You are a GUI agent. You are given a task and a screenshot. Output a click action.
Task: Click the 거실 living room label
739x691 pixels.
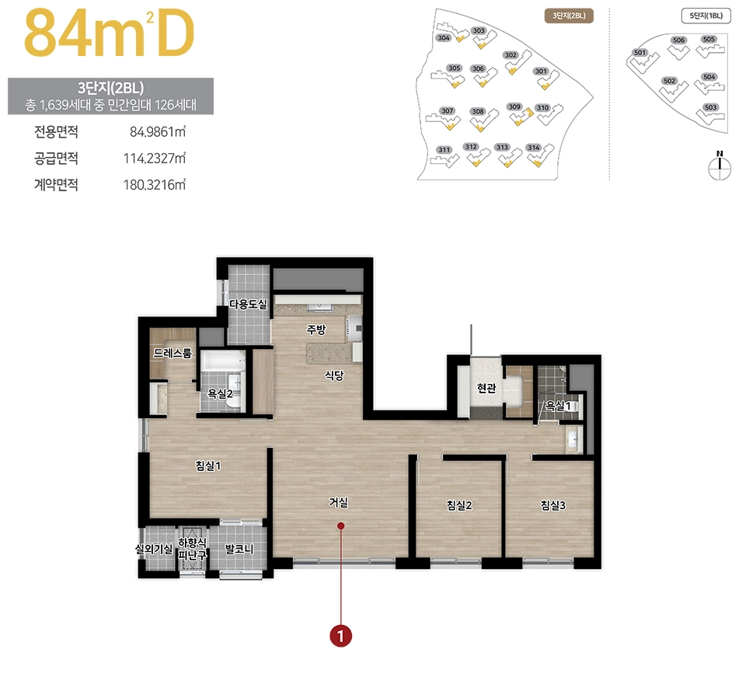(338, 502)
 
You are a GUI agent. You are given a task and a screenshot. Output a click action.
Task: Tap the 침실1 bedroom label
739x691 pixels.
(208, 466)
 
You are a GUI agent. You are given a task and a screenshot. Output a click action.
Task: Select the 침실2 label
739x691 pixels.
(459, 505)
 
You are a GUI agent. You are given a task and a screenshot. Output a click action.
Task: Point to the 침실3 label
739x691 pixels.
(553, 505)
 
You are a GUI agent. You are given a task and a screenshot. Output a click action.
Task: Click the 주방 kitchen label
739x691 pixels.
(315, 330)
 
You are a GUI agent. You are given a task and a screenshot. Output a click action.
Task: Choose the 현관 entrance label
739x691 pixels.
(486, 388)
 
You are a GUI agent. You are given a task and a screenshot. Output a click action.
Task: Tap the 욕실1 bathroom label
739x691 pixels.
(558, 406)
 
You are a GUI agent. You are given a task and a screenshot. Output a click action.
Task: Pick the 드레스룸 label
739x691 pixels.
(173, 353)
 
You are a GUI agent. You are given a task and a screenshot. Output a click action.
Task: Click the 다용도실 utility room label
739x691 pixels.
(249, 304)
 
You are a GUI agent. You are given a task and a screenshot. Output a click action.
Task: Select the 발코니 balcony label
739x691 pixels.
(239, 549)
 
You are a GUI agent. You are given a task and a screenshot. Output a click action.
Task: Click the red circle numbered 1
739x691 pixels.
(341, 636)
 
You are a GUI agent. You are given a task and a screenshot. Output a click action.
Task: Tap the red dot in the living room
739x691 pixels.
(341, 525)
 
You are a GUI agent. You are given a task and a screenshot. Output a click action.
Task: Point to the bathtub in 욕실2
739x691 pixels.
(223, 361)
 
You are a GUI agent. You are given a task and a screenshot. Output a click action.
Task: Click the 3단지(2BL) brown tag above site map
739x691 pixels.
(570, 16)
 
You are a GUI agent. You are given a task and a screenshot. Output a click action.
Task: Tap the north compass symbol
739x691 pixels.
(720, 166)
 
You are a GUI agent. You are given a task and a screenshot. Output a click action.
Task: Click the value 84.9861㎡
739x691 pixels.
(158, 131)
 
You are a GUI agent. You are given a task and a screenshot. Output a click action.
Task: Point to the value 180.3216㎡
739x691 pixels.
(155, 184)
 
